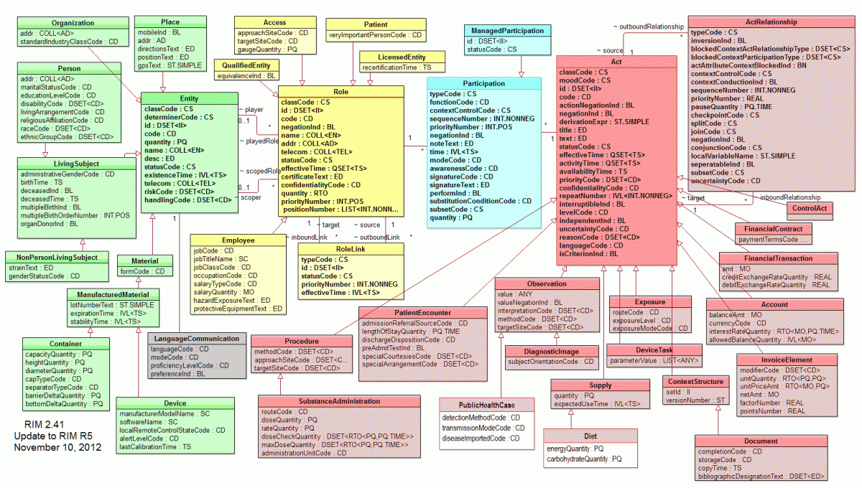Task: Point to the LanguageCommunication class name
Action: tap(196, 338)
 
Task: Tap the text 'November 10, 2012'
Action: tap(57, 447)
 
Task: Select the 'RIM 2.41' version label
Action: tap(44, 425)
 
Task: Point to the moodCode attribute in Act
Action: tap(581, 81)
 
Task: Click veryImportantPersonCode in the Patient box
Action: tap(375, 34)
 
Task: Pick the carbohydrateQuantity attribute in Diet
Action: tap(583, 459)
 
